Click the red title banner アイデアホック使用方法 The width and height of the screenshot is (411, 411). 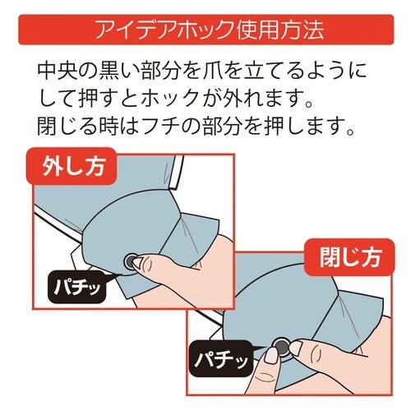(205, 30)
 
